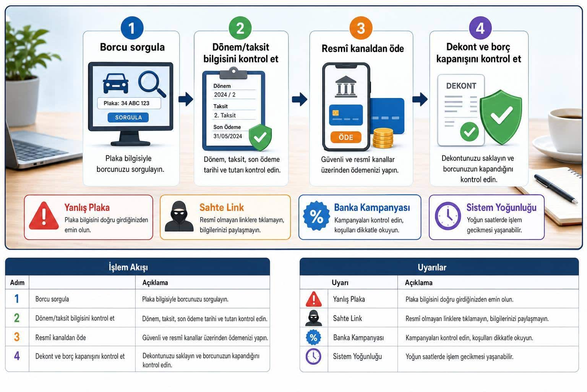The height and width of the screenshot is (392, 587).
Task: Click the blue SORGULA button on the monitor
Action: click(x=128, y=118)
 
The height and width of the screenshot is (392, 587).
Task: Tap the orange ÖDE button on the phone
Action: click(x=346, y=137)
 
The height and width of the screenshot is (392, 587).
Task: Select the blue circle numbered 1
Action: click(x=132, y=28)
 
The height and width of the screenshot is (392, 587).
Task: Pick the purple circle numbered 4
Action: click(x=480, y=28)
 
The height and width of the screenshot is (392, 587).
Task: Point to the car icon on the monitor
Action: click(x=115, y=83)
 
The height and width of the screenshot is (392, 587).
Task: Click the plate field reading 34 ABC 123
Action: click(x=129, y=103)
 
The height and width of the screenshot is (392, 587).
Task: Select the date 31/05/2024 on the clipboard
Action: click(x=227, y=136)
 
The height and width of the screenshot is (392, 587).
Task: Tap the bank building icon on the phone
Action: click(x=346, y=87)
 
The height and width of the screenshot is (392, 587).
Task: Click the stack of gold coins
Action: click(x=383, y=138)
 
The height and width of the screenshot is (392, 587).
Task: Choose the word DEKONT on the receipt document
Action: click(x=461, y=86)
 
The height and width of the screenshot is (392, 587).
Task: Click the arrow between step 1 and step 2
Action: click(x=186, y=99)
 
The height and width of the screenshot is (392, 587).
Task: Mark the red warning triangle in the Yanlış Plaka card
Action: click(x=44, y=216)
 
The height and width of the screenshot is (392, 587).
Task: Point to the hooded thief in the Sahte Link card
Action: click(x=179, y=216)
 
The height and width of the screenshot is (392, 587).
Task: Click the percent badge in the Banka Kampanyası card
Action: click(x=316, y=216)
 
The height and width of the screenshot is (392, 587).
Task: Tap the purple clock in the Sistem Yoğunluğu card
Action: click(x=448, y=216)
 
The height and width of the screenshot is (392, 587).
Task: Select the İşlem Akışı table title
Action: click(x=128, y=267)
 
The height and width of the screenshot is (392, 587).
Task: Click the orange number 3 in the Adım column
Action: click(x=17, y=337)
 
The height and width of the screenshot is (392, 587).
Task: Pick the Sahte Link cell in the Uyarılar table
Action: click(x=347, y=318)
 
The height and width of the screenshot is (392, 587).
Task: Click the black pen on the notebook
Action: click(x=556, y=188)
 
